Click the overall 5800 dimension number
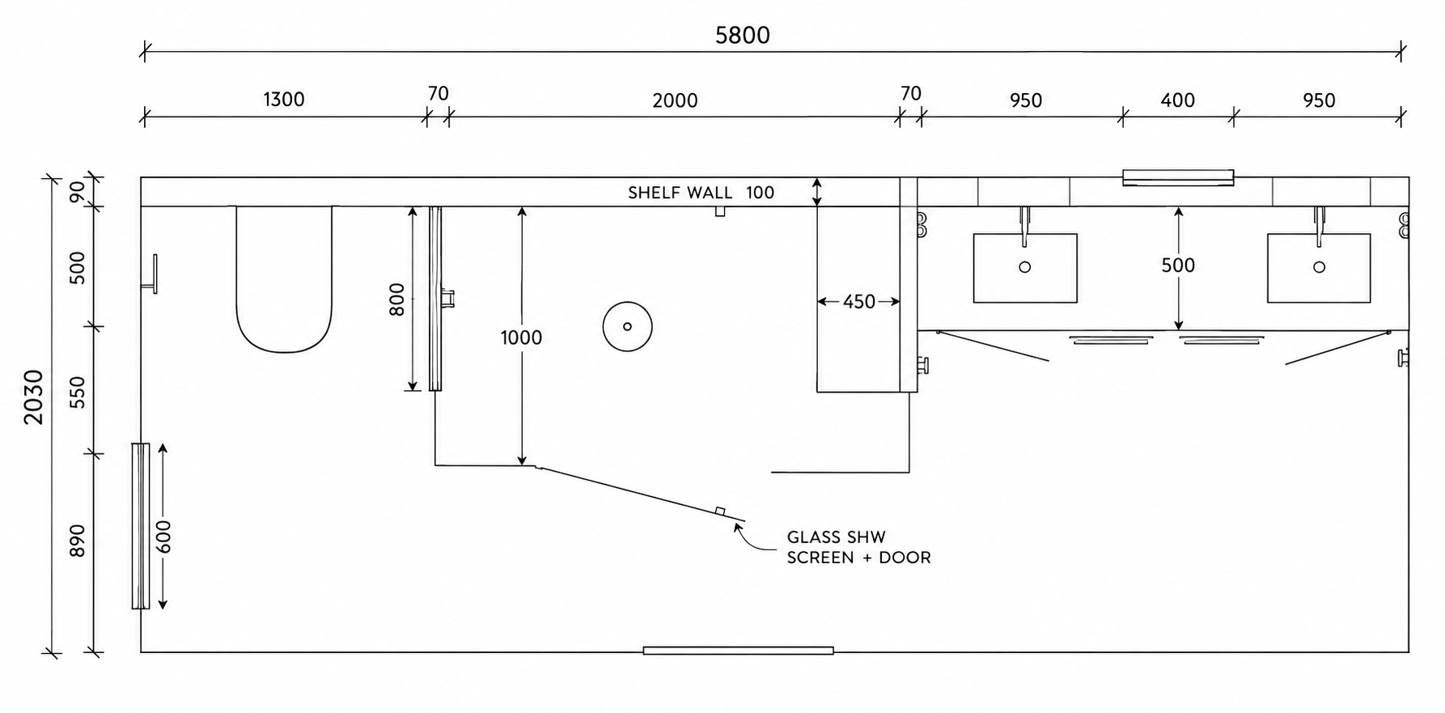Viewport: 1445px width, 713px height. [x=742, y=35]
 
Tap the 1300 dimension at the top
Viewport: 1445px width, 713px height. [x=284, y=100]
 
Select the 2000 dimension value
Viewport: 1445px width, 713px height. [x=675, y=100]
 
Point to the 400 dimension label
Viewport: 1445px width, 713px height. [x=1177, y=100]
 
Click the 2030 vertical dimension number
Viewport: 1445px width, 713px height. [x=34, y=397]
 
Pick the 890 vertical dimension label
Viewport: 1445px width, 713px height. [x=77, y=541]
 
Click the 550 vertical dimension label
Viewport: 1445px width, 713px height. [x=77, y=392]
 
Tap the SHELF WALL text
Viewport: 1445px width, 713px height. [x=680, y=193]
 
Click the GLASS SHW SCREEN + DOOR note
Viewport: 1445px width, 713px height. [x=858, y=547]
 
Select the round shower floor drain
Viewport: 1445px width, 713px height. [x=627, y=327]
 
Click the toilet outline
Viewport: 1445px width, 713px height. [x=284, y=351]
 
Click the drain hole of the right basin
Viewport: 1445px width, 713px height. [x=1319, y=267]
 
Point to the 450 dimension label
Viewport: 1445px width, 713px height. [x=859, y=302]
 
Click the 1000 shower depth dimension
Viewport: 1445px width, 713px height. [x=521, y=337]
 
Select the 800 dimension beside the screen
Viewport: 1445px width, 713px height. [x=396, y=299]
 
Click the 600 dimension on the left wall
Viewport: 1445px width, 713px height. [x=164, y=537]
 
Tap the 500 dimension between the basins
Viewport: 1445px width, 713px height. [x=1178, y=265]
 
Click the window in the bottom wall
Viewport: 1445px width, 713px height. [x=738, y=650]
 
